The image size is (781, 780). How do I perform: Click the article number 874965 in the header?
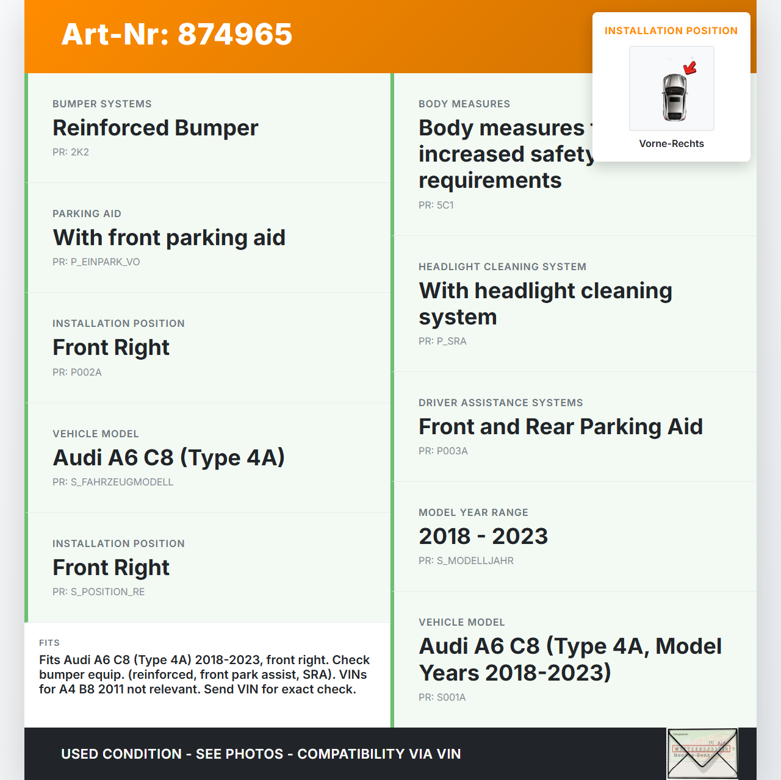235,34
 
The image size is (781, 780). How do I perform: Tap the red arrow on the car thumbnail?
690,68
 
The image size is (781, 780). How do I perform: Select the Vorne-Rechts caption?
671,143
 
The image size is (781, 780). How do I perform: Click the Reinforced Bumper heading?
155,128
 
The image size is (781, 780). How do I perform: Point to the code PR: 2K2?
71,152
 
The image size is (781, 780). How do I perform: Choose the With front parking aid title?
169,238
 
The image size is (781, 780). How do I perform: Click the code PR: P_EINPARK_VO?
96,262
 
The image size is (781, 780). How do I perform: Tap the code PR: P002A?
77,372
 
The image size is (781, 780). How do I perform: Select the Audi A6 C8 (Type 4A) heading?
169,457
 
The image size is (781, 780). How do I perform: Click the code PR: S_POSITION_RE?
98,592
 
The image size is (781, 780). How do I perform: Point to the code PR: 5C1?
436,205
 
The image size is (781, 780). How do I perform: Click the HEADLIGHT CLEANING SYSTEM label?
502,267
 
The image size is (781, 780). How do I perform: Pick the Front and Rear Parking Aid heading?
560,427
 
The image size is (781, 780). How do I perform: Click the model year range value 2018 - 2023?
483,536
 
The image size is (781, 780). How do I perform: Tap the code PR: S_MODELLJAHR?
466,560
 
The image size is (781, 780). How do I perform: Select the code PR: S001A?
442,697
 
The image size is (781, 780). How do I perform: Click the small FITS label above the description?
49,643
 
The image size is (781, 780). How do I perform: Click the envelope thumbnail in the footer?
702,753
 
